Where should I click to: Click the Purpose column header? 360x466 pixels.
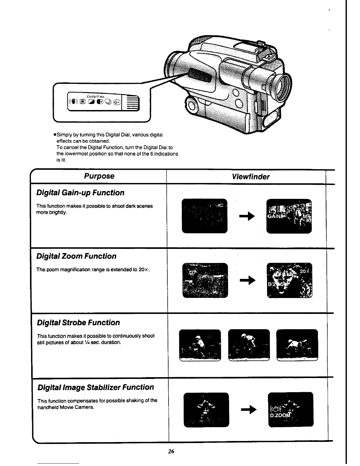tap(99, 176)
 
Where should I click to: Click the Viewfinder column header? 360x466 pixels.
tap(250, 177)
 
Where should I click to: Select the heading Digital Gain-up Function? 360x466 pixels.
tap(80, 193)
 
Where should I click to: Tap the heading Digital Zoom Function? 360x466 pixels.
tap(76, 256)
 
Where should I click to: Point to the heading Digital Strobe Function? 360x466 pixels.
tap(79, 323)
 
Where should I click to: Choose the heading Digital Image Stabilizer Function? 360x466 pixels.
tap(96, 387)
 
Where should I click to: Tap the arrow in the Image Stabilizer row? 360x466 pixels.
tap(249, 410)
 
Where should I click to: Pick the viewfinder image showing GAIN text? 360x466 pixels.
tap(289, 216)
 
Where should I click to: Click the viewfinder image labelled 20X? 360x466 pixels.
tap(290, 280)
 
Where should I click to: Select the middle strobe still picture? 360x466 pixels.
tap(249, 345)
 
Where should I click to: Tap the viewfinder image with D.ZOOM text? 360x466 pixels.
tap(291, 409)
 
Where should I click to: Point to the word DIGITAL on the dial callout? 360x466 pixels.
tap(96, 96)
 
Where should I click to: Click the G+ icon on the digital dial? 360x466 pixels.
tap(117, 102)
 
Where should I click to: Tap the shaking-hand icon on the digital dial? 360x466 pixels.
tap(73, 102)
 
